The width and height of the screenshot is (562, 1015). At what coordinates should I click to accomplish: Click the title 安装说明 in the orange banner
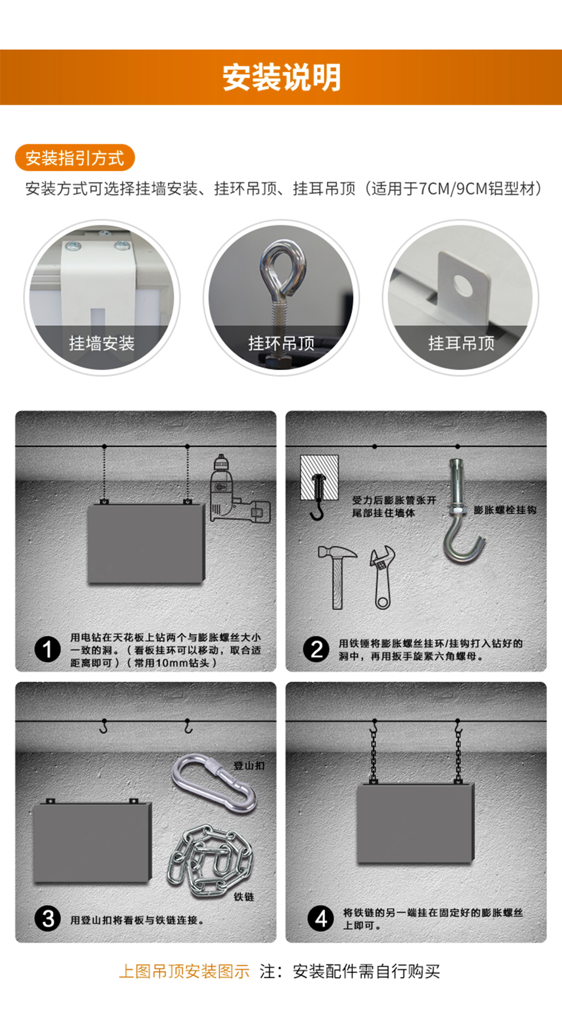pos(281,77)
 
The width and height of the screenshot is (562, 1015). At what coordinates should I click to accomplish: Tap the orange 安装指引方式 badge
pos(75,158)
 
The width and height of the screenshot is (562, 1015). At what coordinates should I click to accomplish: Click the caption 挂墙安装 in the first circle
pos(102,343)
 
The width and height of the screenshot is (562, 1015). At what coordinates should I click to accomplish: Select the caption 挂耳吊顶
pos(461,343)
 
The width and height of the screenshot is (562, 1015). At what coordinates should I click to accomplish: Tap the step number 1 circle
pos(48,649)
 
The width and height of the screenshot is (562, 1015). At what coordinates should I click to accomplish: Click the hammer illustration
pos(337,577)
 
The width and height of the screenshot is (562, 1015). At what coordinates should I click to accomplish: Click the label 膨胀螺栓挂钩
pos(505,510)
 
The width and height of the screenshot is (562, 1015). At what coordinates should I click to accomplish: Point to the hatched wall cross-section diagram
pos(319,478)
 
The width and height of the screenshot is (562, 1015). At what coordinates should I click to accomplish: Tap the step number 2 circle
pos(316,649)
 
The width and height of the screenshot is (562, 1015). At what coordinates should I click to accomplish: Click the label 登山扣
pos(249,766)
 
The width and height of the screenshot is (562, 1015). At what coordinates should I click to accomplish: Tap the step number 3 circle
pos(48,918)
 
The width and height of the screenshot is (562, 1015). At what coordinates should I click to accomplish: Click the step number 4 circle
pos(321,918)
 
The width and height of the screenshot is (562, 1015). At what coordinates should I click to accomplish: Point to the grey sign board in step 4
pos(416,824)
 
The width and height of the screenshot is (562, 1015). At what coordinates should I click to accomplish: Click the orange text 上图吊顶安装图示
pos(184,972)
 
